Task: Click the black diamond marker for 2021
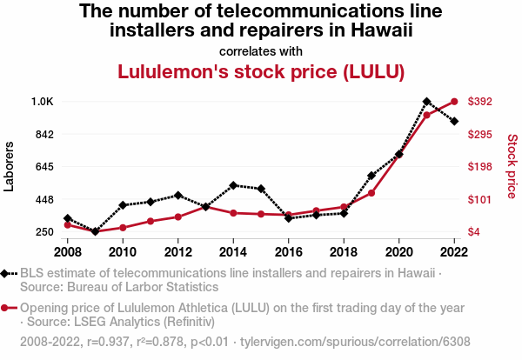[x=426, y=102]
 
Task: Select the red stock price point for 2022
[x=454, y=102]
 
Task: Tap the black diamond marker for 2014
[x=233, y=185]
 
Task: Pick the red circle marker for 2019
[x=371, y=192]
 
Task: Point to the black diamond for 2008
[x=67, y=219]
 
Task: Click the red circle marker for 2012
[x=177, y=217]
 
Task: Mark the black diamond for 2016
[x=288, y=217]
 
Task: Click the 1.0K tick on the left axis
[x=42, y=102]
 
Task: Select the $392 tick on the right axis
[x=480, y=102]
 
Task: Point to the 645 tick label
[x=43, y=167]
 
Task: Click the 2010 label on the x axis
[x=123, y=252]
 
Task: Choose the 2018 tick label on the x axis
[x=344, y=252]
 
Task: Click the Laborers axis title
[x=10, y=166]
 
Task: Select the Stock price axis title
[x=512, y=166]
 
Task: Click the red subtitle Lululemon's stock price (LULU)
[x=261, y=71]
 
